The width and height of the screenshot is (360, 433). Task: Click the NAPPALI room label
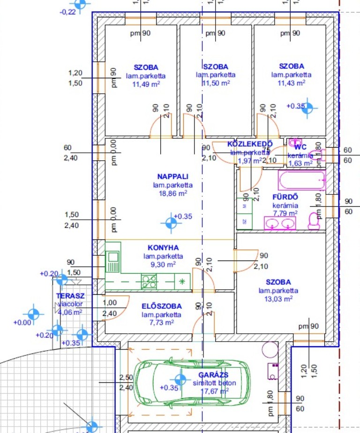click(173, 177)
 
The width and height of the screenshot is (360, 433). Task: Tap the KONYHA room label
click(163, 248)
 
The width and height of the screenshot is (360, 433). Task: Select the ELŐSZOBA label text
click(162, 306)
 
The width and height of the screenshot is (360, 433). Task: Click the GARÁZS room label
click(213, 375)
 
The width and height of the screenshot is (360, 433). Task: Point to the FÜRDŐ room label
click(285, 197)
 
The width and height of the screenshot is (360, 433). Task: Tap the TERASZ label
click(70, 296)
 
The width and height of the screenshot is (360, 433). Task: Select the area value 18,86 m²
click(173, 193)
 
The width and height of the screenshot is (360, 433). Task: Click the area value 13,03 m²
click(278, 299)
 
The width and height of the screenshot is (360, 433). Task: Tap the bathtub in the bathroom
click(302, 179)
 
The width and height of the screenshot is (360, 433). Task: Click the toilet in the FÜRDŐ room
click(314, 221)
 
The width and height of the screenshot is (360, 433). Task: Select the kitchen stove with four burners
click(150, 281)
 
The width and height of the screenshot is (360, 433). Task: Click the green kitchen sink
click(113, 262)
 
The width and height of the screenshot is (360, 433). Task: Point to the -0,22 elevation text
click(68, 12)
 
